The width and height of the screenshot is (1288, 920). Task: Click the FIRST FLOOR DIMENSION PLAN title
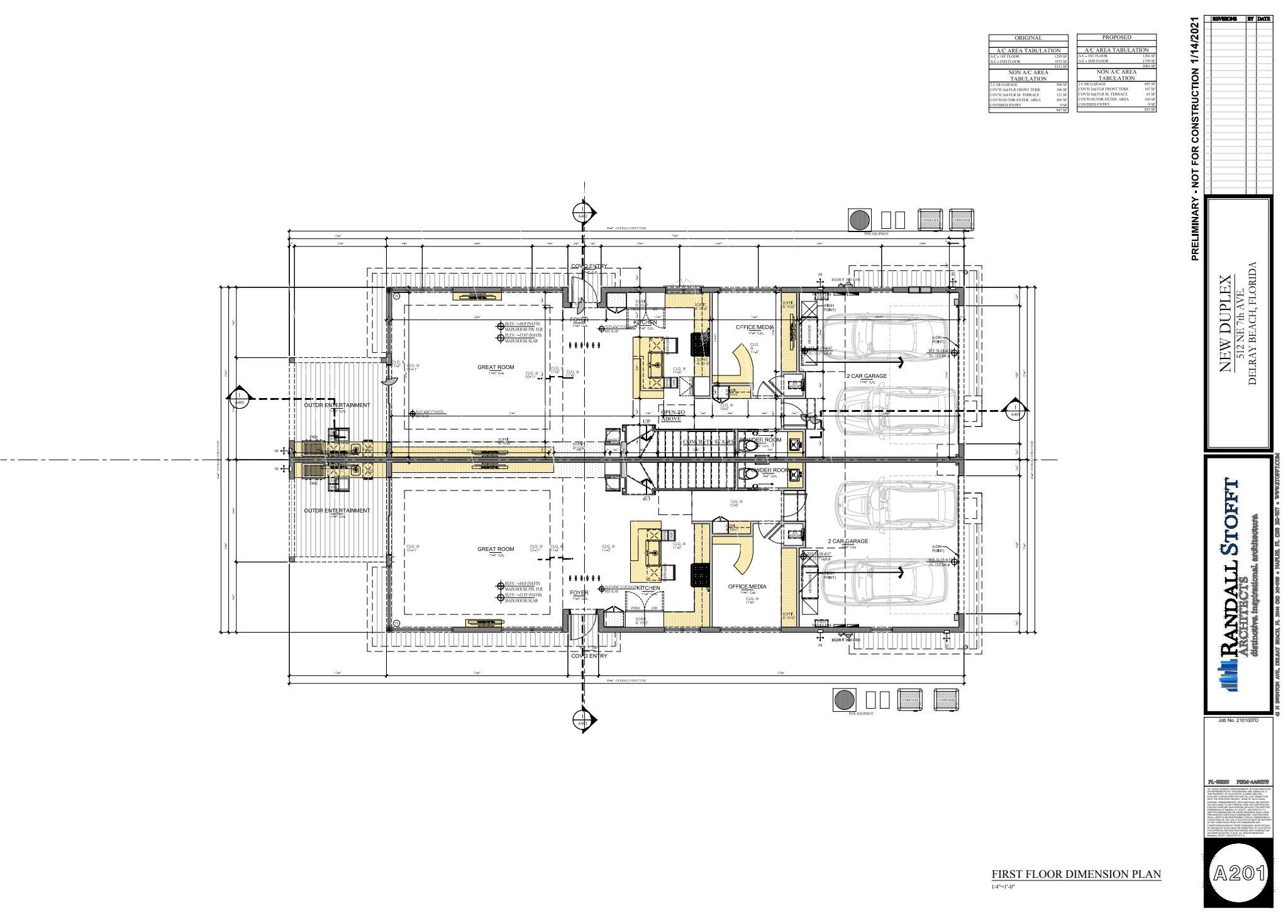(x=1076, y=874)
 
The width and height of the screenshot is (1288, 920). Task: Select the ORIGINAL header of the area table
(x=1028, y=38)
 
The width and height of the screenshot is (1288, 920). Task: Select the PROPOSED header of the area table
(x=1116, y=38)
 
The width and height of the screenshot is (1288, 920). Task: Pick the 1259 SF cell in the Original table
(x=1061, y=57)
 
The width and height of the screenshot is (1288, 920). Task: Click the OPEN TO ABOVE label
(x=672, y=416)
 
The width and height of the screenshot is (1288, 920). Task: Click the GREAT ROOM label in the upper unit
(x=496, y=367)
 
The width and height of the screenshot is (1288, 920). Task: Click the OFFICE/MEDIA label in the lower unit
(x=747, y=586)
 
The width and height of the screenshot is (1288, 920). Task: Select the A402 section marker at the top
(x=583, y=213)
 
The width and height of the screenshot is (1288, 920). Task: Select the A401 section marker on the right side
(x=1014, y=411)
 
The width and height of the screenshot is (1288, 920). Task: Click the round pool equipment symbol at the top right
(x=858, y=219)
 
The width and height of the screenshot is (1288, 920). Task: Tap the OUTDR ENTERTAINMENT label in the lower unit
(x=337, y=511)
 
